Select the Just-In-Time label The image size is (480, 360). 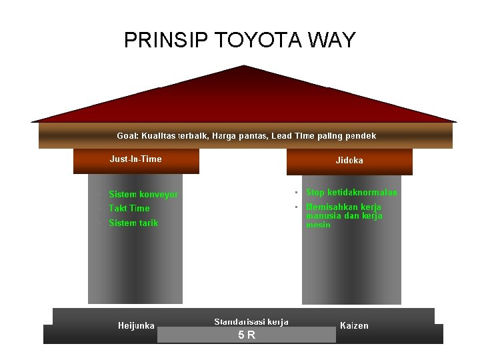click(x=135, y=159)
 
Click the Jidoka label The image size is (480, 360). click(x=349, y=161)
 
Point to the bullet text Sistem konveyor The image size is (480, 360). click(x=143, y=195)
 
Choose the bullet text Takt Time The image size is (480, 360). click(x=129, y=209)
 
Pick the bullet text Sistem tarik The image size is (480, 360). click(x=133, y=223)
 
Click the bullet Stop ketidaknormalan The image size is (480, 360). click(x=351, y=193)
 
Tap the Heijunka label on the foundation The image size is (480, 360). click(x=136, y=326)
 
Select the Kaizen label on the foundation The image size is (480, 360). click(x=354, y=326)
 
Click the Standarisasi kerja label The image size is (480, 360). click(x=251, y=322)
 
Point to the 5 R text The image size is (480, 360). click(x=247, y=335)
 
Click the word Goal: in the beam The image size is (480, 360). click(x=127, y=136)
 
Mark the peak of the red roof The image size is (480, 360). click(x=244, y=66)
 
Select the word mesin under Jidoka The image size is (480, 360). click(x=318, y=225)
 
